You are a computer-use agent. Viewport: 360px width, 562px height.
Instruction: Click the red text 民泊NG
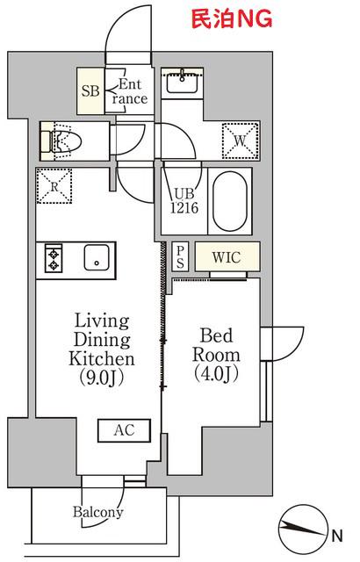[x=232, y=19]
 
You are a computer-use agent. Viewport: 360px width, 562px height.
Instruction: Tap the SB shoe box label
[x=90, y=90]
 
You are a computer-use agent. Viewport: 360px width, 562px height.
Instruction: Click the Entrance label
[x=129, y=91]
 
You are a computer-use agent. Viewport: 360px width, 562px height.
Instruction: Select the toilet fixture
[x=61, y=140]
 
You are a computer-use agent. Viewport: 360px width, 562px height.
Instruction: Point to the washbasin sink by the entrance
[x=182, y=83]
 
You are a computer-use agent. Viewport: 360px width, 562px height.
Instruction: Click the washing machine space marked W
[x=240, y=140]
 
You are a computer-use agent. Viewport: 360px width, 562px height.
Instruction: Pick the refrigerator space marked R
[x=54, y=186]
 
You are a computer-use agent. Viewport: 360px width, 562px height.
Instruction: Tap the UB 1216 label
[x=184, y=201]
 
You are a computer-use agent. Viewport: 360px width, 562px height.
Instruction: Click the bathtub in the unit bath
[x=230, y=200]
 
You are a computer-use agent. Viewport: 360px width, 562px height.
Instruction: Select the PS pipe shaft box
[x=180, y=256]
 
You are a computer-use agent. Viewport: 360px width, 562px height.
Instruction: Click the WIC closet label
[x=226, y=257]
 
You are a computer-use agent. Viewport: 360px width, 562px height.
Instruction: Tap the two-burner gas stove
[x=54, y=257]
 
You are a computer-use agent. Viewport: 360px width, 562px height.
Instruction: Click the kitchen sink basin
[x=97, y=257]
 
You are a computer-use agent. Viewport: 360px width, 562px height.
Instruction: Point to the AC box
[x=125, y=430]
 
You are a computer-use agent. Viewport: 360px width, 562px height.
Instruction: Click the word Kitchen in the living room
[x=102, y=358]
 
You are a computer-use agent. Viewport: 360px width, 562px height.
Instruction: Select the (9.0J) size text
[x=101, y=378]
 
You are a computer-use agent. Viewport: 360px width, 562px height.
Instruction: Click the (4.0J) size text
[x=216, y=374]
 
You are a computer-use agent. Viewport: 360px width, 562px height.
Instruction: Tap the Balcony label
[x=98, y=512]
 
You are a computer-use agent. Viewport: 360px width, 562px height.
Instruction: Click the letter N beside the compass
[x=337, y=536]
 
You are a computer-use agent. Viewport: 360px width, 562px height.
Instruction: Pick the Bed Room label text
[x=216, y=345]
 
